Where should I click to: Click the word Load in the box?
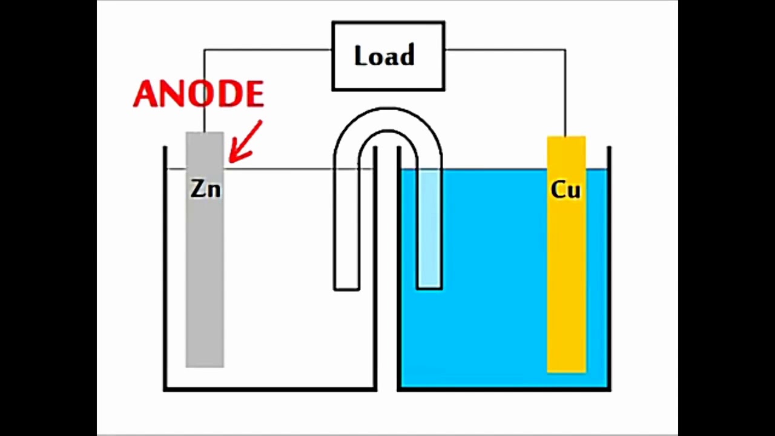click(384, 56)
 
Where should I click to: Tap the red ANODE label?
click(199, 94)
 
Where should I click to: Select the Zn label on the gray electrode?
click(206, 190)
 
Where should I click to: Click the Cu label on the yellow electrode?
click(566, 190)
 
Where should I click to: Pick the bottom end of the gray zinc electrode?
click(205, 363)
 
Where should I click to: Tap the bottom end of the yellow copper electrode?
click(566, 369)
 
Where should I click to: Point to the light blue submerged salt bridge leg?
click(429, 230)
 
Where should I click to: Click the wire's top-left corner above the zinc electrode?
click(205, 50)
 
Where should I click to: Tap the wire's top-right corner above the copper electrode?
click(566, 50)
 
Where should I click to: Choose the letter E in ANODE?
click(254, 94)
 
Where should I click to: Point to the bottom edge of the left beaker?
click(270, 388)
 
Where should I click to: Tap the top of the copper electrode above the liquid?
click(566, 151)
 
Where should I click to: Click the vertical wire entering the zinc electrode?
click(205, 91)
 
